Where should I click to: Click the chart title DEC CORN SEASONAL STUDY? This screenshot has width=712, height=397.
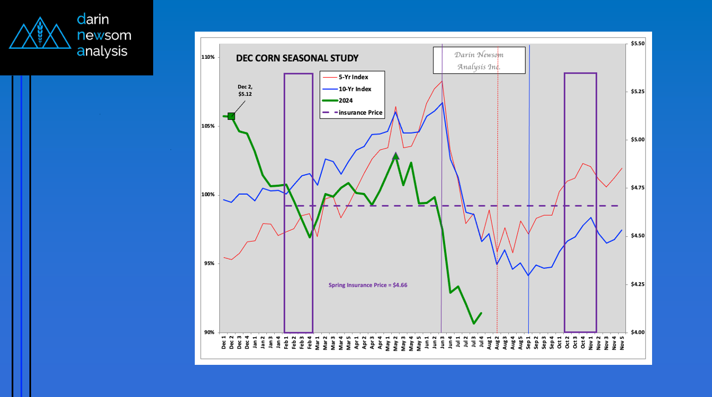pyautogui.click(x=297, y=58)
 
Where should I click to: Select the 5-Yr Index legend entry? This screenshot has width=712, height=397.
pyautogui.click(x=353, y=77)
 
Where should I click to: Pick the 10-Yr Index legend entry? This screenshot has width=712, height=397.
pyautogui.click(x=355, y=89)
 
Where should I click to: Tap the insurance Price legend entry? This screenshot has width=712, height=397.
pyautogui.click(x=360, y=113)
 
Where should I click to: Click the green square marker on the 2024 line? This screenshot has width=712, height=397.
pyautogui.click(x=231, y=116)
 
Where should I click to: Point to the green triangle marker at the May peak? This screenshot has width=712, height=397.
pyautogui.click(x=396, y=156)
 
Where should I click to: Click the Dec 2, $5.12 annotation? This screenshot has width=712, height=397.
pyautogui.click(x=245, y=90)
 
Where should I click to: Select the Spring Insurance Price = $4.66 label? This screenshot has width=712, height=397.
pyautogui.click(x=368, y=285)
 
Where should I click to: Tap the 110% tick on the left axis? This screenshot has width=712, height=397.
pyautogui.click(x=209, y=57)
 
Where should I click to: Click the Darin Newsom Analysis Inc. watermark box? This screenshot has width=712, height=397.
pyautogui.click(x=479, y=60)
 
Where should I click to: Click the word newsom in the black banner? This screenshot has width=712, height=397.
pyautogui.click(x=104, y=35)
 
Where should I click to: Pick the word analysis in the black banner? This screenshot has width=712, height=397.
pyautogui.click(x=102, y=52)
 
